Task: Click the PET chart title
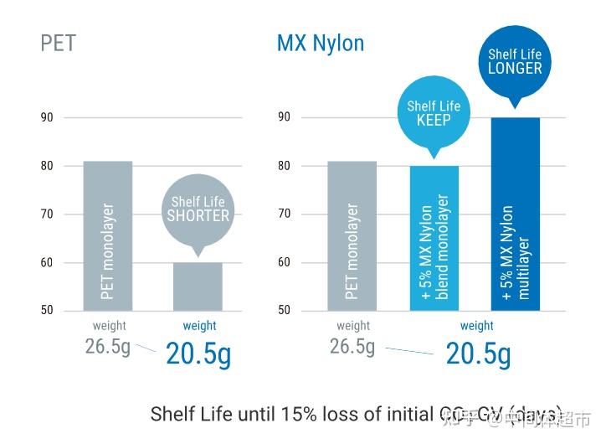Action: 58,43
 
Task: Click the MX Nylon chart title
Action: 320,43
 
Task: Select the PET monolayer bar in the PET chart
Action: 108,235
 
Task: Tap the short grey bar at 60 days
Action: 198,286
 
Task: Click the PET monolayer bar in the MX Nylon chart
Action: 352,235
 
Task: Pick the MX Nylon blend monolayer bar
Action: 434,238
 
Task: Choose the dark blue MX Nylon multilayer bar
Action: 516,214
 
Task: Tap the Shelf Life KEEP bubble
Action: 434,112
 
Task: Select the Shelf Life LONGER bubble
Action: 515,61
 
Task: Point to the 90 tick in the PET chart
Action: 47,117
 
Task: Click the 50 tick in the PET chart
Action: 47,310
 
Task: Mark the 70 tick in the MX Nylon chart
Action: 285,214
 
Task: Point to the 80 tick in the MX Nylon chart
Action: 285,166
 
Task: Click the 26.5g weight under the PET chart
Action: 108,346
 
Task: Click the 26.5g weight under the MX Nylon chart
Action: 352,346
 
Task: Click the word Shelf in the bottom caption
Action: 172,414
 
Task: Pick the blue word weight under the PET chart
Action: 199,326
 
